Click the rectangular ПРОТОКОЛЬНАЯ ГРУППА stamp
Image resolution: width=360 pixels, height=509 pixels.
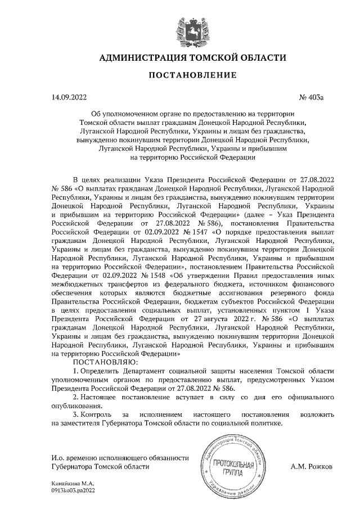[232, 466]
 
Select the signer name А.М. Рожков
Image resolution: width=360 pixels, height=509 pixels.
[312, 467]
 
